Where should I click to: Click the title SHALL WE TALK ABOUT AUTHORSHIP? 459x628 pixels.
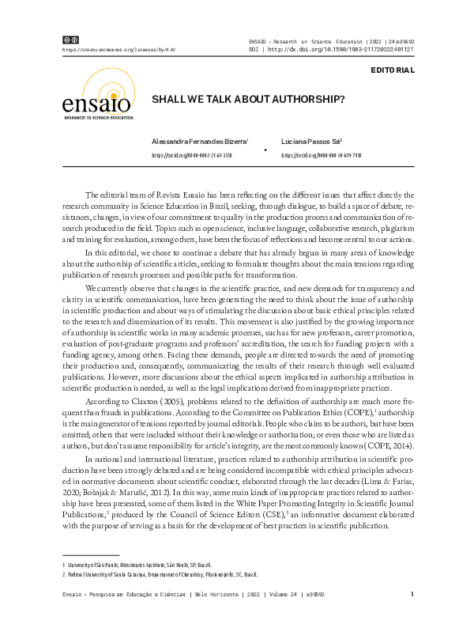tap(248, 100)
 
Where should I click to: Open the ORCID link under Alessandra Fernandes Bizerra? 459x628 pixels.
tap(191, 156)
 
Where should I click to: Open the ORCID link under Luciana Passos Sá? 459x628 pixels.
tap(322, 156)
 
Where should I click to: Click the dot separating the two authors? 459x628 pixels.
tap(264, 149)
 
